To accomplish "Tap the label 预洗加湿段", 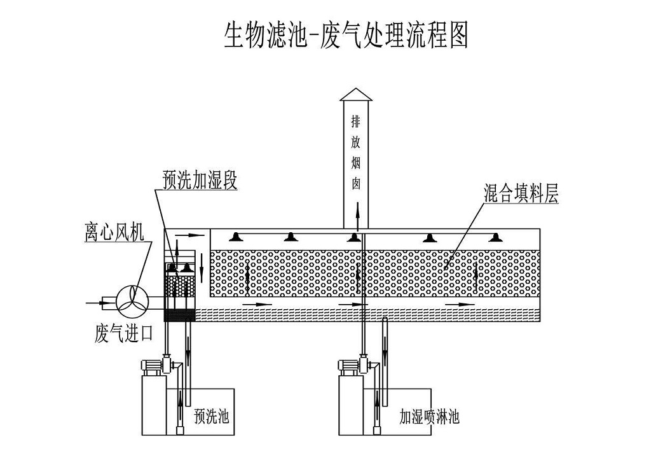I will click(200, 181).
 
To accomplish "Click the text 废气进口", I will click(124, 333).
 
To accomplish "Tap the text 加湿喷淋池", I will click(429, 417).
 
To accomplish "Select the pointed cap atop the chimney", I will click(356, 94).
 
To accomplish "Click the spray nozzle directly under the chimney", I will click(354, 238).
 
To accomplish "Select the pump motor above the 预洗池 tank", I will click(152, 366).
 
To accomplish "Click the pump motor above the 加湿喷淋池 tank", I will click(350, 366).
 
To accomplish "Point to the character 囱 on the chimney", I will click(356, 183).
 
